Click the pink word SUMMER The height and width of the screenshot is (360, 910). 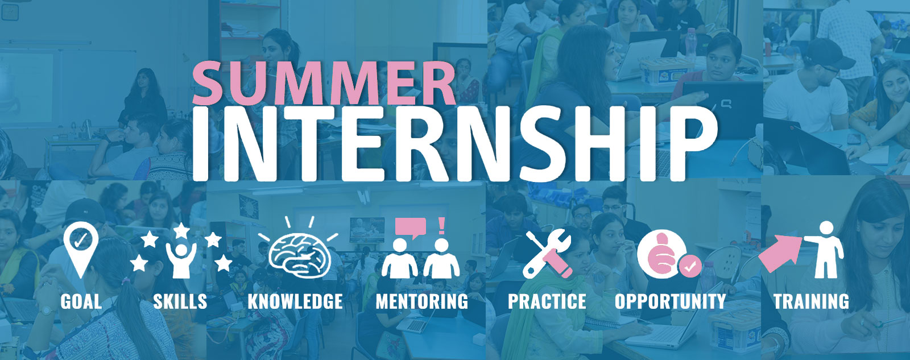[324, 84]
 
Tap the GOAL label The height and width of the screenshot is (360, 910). [81, 301]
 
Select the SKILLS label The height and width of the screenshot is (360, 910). [180, 301]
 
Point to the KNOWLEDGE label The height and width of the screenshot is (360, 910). [295, 301]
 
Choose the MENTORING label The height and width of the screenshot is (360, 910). [422, 301]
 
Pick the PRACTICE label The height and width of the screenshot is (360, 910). [547, 301]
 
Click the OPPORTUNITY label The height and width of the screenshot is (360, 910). [671, 301]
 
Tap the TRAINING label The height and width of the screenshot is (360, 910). [811, 301]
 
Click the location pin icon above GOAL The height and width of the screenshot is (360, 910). [81, 247]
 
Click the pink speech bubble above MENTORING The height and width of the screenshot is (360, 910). [410, 227]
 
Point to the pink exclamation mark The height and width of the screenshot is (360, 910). [441, 226]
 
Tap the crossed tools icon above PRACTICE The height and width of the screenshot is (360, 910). [547, 253]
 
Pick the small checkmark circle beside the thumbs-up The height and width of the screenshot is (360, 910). [690, 266]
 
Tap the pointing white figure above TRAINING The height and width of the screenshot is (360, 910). [825, 250]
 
